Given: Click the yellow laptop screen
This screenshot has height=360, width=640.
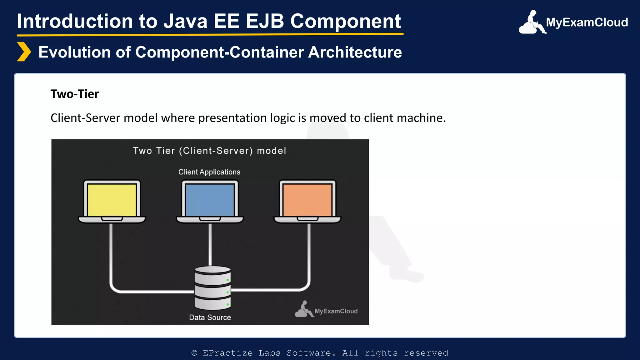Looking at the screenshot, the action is pos(112,200).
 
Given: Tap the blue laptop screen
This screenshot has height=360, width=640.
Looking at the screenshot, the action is pos(210,200).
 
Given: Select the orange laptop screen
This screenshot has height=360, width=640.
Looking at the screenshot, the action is pos(307,200).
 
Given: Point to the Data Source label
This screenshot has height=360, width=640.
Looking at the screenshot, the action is pos(210,317).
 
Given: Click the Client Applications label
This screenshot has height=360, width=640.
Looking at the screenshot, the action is pos(209,172).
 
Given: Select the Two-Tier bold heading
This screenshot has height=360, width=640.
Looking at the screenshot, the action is pos(75,94).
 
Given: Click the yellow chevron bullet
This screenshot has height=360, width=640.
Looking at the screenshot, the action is pos(24,52).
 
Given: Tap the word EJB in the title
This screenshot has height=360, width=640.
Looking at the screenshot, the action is pos(265,21).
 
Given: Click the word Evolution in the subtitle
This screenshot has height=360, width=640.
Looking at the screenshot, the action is pos(74,52).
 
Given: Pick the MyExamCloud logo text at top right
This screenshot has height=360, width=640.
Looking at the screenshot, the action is pos(587,22).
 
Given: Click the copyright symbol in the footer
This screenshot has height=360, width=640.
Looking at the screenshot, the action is pos(194,353).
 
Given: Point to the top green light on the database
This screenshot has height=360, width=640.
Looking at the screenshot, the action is pos(227,280).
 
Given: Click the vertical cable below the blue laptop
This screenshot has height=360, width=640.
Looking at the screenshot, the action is pos(210,244).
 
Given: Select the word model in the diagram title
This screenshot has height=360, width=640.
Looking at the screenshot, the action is pos(271,151).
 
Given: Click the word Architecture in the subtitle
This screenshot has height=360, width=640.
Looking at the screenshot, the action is pos(355,52).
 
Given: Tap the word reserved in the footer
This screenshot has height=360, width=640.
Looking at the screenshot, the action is pos(426,353).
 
